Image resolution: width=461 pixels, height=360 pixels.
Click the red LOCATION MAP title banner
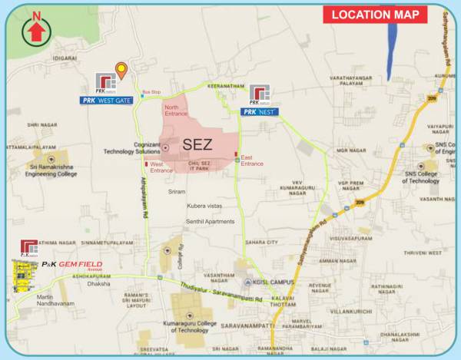[375, 15]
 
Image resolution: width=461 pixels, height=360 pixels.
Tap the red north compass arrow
[35, 30]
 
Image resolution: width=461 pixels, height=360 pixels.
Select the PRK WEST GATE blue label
[109, 101]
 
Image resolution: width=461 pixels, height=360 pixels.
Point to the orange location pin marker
[121, 71]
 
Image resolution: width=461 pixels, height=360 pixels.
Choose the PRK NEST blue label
[260, 112]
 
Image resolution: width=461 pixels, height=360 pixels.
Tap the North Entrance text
[176, 111]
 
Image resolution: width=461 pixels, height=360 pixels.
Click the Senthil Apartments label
[210, 221]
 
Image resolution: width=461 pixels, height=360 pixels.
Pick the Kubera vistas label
[208, 206]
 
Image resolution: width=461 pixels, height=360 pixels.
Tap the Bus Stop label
[152, 92]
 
